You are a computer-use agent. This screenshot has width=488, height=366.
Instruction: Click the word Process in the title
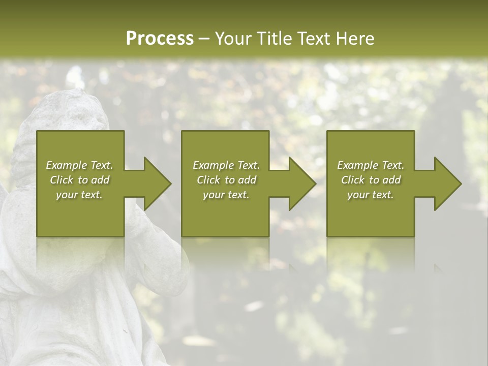coord(160,39)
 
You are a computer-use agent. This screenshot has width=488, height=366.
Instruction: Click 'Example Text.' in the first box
coord(79,165)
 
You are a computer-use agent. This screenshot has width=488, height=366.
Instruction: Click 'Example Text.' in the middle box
coord(226,165)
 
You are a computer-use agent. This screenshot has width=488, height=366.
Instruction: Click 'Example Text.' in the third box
coord(371,165)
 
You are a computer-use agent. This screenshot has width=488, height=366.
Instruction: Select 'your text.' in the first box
coord(79,195)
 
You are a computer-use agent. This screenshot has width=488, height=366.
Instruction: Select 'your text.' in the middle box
coord(226,195)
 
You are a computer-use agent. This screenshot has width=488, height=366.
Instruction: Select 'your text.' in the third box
coord(371,195)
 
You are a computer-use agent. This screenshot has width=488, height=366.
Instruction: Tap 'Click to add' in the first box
coord(79,180)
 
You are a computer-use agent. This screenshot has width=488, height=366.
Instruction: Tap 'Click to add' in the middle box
coord(226,180)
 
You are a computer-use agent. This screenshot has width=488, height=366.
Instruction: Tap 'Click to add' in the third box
coord(371,180)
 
